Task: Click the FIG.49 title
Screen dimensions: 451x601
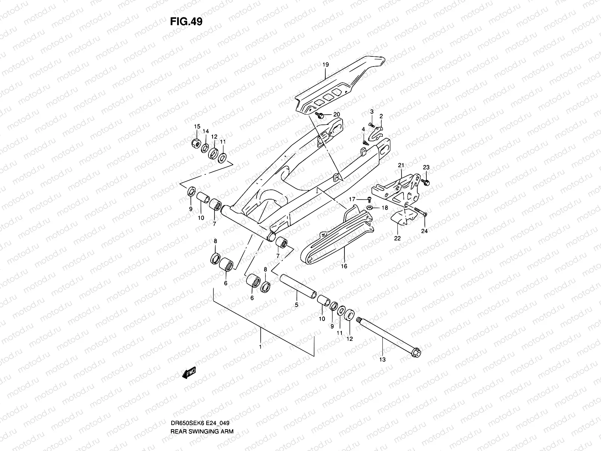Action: tap(186, 22)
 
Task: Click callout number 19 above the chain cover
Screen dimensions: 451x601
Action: tap(325, 65)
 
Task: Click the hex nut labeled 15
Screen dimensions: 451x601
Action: tap(196, 142)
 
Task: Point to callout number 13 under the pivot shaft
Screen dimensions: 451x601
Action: tap(382, 359)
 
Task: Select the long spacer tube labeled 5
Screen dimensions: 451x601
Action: tap(297, 288)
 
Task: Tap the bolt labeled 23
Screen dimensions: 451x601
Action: tap(426, 182)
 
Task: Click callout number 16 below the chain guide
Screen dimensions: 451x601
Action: tap(344, 266)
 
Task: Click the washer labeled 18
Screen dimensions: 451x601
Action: tap(370, 207)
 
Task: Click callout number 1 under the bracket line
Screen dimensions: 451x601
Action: tap(260, 347)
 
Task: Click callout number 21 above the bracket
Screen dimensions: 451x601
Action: tap(401, 165)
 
